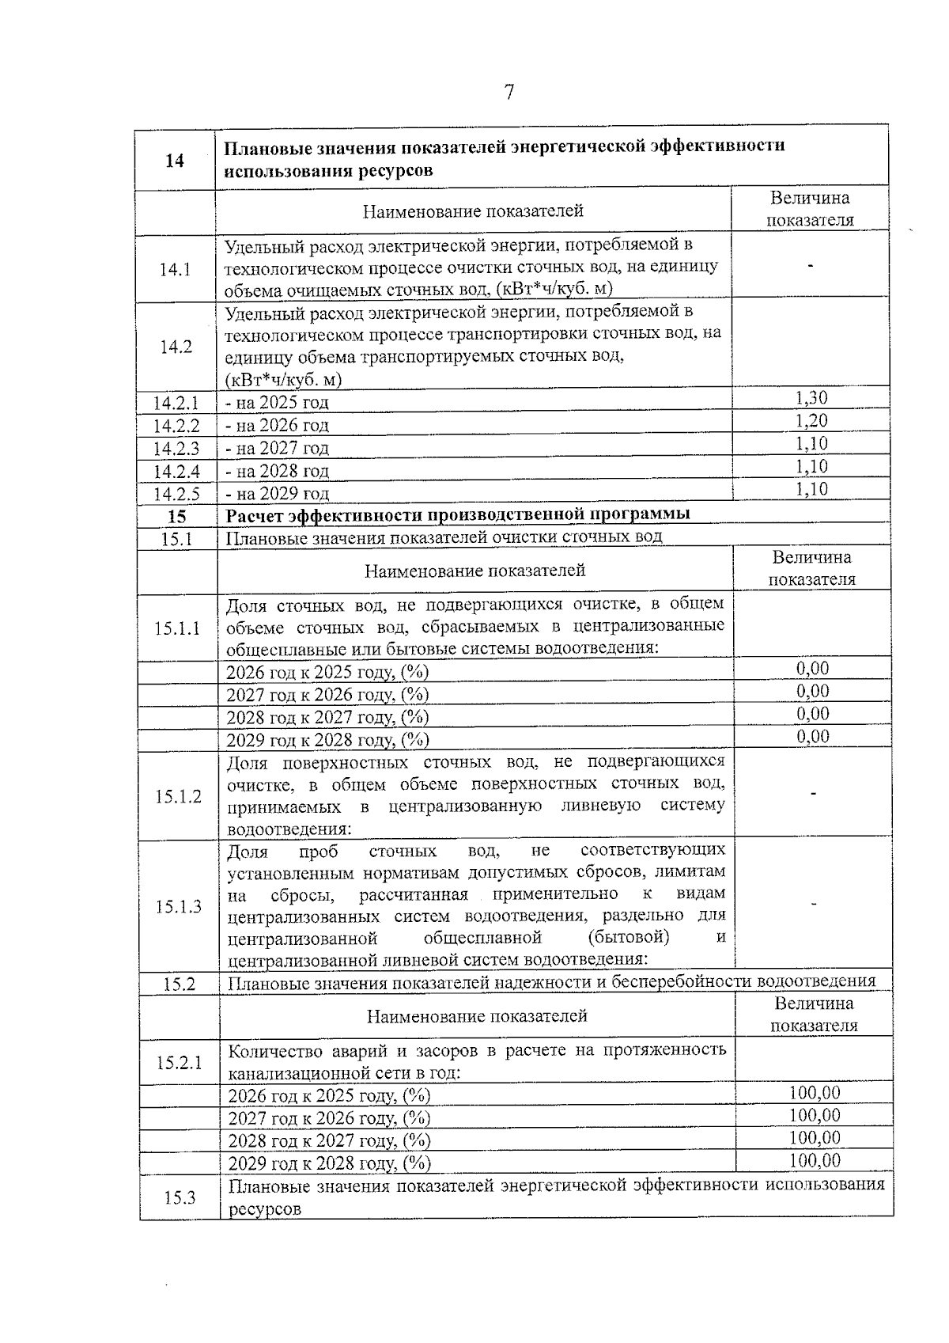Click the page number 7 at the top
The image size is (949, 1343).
[x=509, y=93]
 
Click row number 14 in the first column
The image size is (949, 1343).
[x=175, y=161]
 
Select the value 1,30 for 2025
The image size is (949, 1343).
[x=811, y=398]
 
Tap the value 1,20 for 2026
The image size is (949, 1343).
[x=811, y=421]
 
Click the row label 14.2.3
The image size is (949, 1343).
[x=176, y=449]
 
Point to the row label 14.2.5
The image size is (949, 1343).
[x=176, y=495]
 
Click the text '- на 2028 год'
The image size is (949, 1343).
[x=278, y=472]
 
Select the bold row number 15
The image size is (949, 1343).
[x=177, y=516]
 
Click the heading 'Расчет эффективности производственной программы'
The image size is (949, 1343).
[x=458, y=514]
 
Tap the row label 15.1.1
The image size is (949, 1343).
[x=178, y=628]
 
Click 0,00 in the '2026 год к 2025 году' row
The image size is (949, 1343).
[x=812, y=669]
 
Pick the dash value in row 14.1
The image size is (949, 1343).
[x=810, y=267]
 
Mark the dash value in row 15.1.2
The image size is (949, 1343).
[x=813, y=794]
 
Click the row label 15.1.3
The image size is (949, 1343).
[x=179, y=907]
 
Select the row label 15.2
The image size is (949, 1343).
[x=180, y=984]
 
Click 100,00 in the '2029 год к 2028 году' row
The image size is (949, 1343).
[x=815, y=1161]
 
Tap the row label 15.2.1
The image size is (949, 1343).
[x=180, y=1062]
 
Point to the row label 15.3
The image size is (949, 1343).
[x=180, y=1197]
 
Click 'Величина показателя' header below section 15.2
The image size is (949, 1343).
[x=814, y=1015]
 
